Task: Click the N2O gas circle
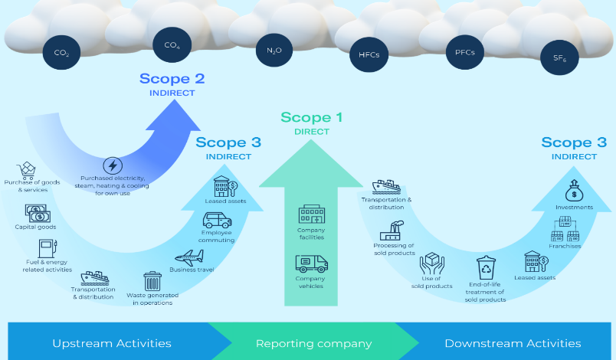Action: click(x=274, y=51)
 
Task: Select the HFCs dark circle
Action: click(x=369, y=54)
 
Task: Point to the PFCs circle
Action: click(x=464, y=53)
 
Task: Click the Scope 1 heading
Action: click(x=311, y=118)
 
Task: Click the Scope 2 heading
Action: click(x=172, y=79)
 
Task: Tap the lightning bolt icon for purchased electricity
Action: click(x=112, y=165)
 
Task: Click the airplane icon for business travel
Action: click(x=188, y=257)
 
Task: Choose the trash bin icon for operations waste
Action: click(x=152, y=280)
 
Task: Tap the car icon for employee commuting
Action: click(x=217, y=221)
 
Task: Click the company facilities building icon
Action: click(x=311, y=214)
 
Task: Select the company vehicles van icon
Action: click(x=311, y=264)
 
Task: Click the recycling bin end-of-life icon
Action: click(x=487, y=268)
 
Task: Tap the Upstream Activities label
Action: click(x=112, y=343)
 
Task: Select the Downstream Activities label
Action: click(x=513, y=343)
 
